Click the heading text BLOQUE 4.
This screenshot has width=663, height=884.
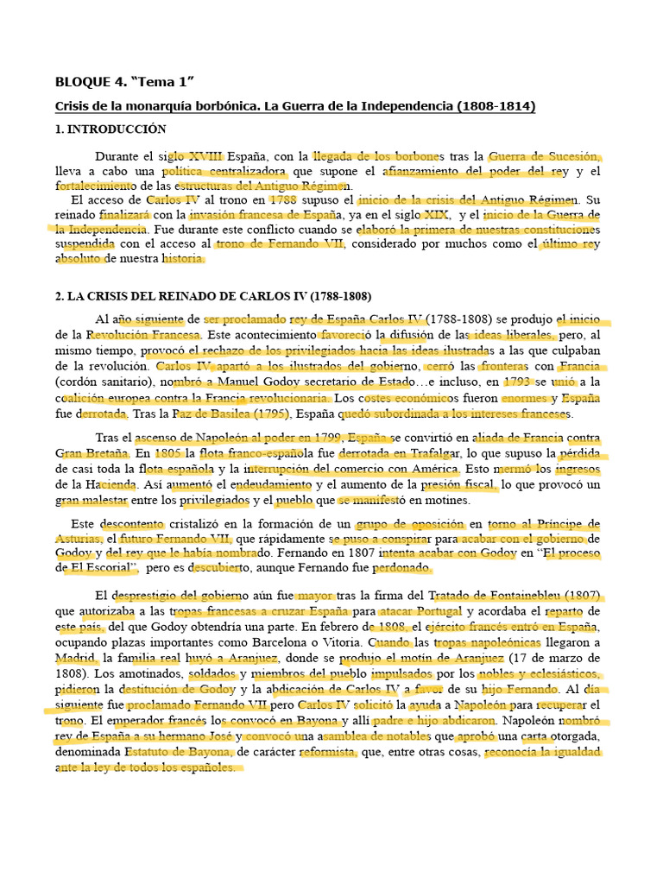(x=90, y=82)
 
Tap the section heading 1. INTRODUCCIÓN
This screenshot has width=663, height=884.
(x=110, y=129)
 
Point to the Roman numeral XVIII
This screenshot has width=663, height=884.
(x=205, y=157)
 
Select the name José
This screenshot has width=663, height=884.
(x=220, y=737)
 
